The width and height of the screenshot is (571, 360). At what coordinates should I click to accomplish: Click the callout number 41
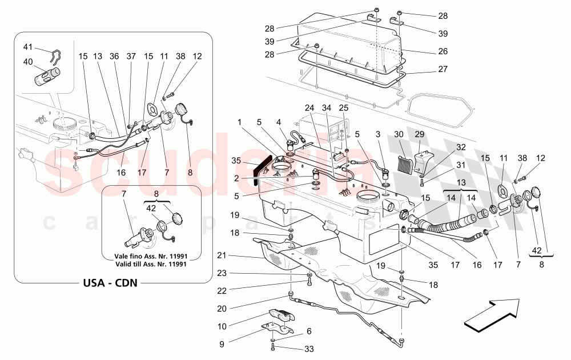click(28, 47)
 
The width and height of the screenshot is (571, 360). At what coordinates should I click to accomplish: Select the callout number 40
click(28, 62)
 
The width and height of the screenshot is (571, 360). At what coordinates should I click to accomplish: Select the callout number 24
click(310, 107)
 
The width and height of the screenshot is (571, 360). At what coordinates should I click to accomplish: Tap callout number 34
click(327, 107)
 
